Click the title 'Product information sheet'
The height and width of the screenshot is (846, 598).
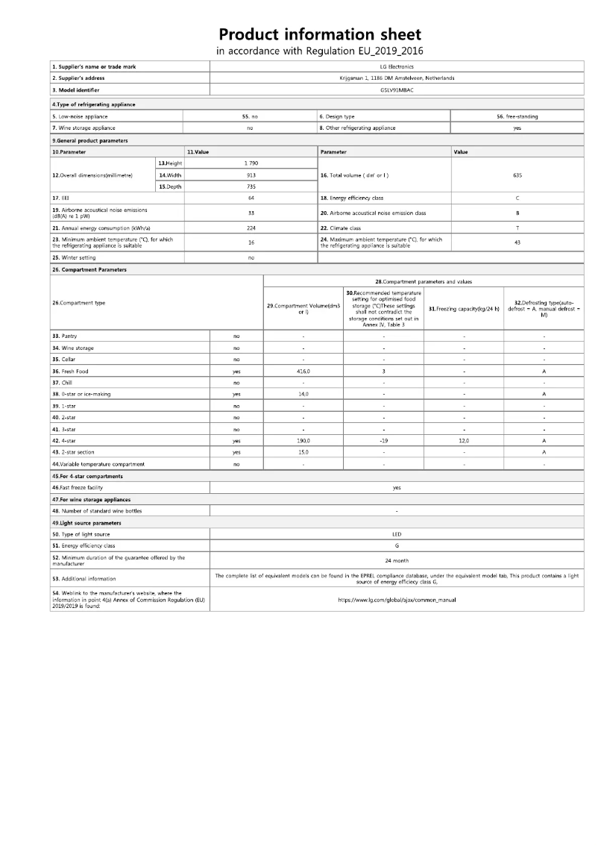click(320, 34)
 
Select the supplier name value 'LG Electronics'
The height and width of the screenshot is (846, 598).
click(396, 66)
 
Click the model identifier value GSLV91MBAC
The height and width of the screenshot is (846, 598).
click(396, 90)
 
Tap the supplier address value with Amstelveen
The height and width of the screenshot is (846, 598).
click(396, 78)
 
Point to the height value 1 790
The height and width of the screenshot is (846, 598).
click(251, 163)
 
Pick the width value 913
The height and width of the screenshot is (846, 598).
click(251, 175)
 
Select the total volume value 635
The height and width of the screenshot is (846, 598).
click(517, 175)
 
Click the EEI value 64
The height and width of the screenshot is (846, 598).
click(251, 198)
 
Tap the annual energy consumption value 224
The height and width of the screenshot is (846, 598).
click(251, 228)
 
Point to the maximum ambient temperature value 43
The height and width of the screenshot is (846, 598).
click(517, 242)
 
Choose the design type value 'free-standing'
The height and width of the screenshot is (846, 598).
click(517, 116)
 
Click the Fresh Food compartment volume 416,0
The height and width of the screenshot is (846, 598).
click(303, 371)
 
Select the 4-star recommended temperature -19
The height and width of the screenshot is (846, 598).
click(383, 440)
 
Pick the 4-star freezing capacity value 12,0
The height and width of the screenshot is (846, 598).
click(464, 440)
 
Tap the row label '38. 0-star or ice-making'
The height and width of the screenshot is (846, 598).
click(81, 394)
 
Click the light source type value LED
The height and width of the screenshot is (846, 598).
click(396, 534)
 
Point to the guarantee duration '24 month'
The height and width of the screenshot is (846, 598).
click(396, 560)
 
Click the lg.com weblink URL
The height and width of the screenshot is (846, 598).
click(396, 599)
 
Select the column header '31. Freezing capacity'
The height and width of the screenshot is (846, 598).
click(464, 308)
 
